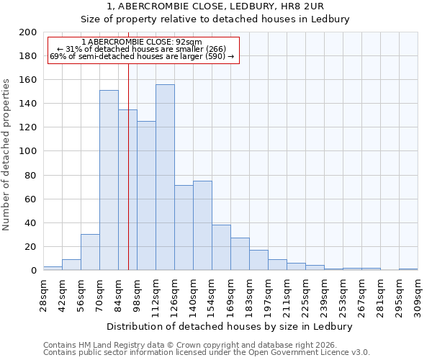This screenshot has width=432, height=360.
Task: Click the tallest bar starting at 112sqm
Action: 165,177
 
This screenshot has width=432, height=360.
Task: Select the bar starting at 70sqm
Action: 109,180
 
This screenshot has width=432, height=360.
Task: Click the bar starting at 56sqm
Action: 90,252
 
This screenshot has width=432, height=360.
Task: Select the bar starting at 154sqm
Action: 221,247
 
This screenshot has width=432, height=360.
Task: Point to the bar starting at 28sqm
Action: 53,268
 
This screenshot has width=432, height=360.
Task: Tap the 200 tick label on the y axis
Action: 28,32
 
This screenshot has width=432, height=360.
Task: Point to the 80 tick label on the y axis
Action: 31,175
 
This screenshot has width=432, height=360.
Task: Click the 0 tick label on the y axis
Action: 34,270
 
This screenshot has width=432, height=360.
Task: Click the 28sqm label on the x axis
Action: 44,294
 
